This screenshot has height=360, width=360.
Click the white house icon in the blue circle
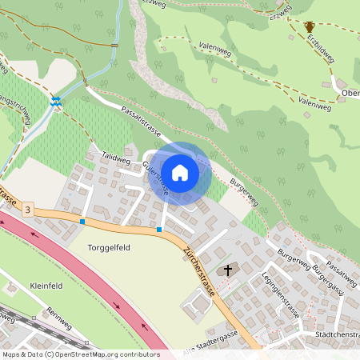(180, 172)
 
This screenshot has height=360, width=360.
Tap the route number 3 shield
(29, 210)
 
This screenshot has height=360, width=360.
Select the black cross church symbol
(227, 270)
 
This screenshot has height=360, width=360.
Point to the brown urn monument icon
(310, 27)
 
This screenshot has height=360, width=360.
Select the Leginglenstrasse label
(280, 295)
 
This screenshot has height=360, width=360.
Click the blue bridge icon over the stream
(56, 102)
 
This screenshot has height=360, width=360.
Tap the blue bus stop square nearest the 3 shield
(82, 221)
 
